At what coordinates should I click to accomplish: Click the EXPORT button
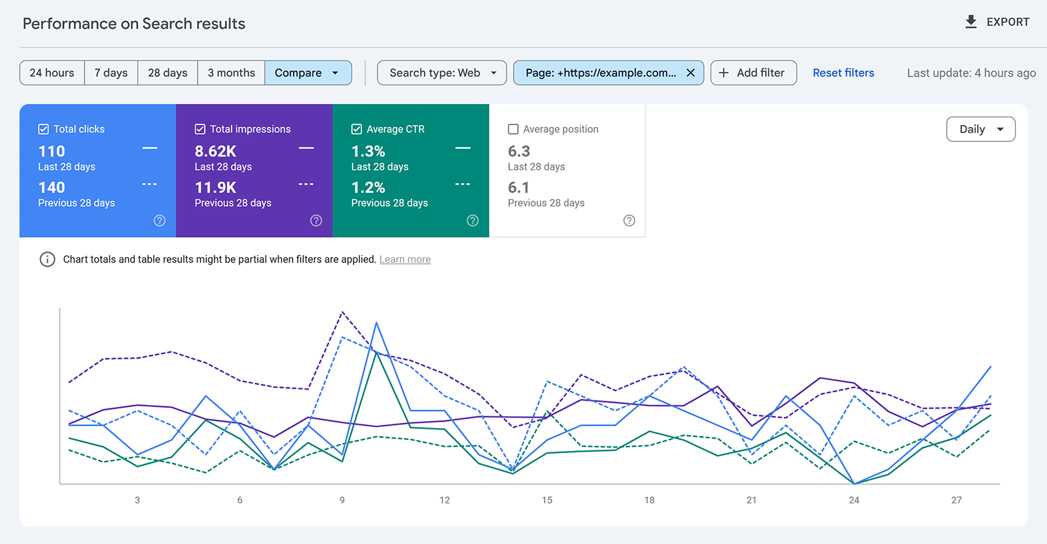(x=997, y=22)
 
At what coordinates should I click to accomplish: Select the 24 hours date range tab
(x=52, y=73)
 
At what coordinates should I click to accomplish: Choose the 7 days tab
(x=111, y=73)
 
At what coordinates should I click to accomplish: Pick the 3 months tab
(x=231, y=73)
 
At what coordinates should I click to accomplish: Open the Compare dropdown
(x=308, y=73)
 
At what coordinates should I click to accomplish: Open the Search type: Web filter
(x=442, y=73)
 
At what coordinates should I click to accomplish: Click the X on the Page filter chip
(x=690, y=73)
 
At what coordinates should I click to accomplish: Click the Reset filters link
(x=843, y=73)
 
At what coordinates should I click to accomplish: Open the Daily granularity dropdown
(x=980, y=129)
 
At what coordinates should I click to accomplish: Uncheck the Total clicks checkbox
(x=44, y=129)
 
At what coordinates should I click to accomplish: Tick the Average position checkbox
(x=513, y=129)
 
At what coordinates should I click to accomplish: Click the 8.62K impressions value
(x=215, y=151)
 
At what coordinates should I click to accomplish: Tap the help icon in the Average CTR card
(x=472, y=221)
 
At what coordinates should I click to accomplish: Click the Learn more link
(x=404, y=259)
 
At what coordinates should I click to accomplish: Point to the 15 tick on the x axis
(x=547, y=499)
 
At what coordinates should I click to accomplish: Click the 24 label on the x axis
(x=854, y=499)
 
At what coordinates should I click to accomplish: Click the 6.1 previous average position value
(x=518, y=188)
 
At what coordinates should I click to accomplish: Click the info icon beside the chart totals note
(x=47, y=259)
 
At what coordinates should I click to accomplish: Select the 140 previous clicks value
(x=52, y=188)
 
